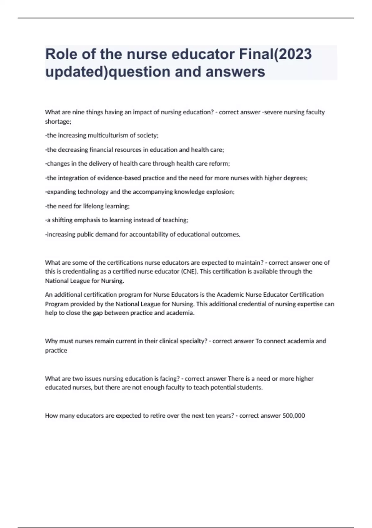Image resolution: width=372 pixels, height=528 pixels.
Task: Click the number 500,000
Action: (x=294, y=416)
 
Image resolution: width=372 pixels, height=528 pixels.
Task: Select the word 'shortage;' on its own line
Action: (x=58, y=121)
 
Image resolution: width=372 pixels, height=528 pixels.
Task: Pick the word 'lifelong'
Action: (x=93, y=206)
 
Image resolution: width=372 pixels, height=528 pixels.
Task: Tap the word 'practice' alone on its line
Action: (x=56, y=350)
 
